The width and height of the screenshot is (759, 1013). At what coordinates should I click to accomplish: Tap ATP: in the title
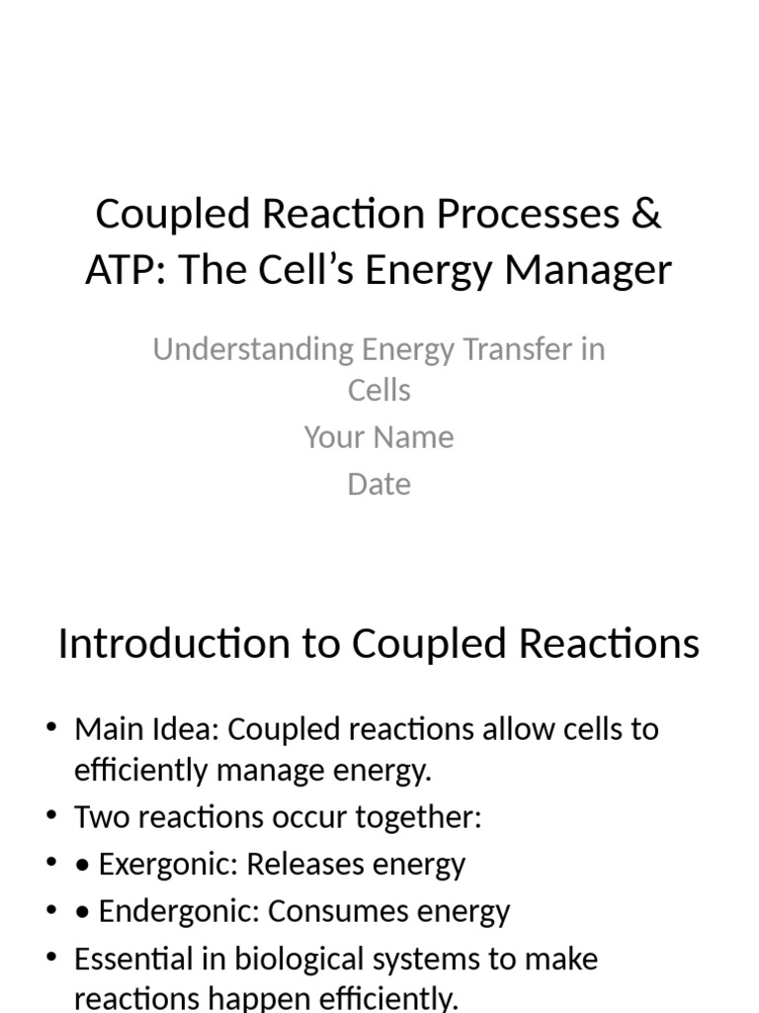119,270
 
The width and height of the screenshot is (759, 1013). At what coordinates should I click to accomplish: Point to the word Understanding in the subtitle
252,349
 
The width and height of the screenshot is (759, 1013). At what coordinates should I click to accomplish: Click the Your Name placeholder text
379,437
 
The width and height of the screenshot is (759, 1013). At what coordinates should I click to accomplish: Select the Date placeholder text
379,485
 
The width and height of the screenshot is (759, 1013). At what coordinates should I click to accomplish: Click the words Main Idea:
147,730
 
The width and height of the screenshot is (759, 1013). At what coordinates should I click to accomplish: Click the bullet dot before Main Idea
51,730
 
